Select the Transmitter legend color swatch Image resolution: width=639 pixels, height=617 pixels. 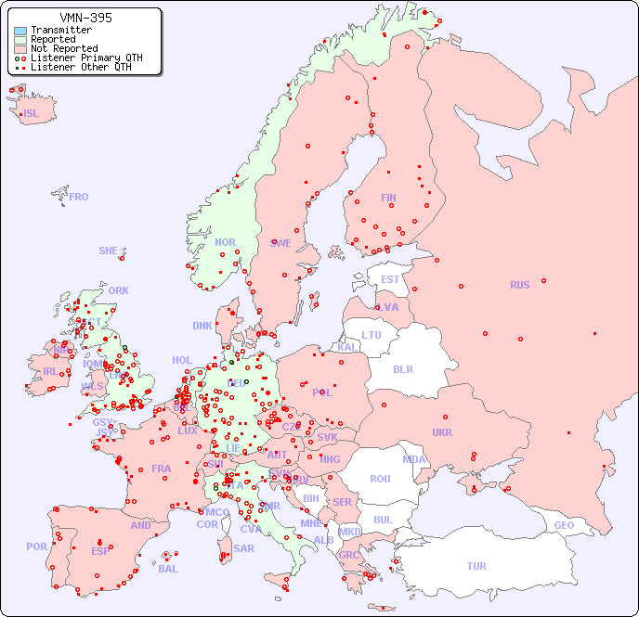[20, 31]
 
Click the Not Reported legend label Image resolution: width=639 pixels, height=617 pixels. [63, 48]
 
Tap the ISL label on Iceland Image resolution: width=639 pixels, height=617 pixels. [32, 114]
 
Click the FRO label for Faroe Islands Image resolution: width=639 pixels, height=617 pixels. [79, 197]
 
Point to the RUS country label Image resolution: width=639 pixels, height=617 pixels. [519, 285]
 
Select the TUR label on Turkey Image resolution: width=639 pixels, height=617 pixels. [476, 566]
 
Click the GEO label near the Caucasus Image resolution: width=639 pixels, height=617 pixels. [564, 525]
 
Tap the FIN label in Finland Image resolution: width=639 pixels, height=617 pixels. [388, 198]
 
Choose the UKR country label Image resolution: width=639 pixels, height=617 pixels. [442, 432]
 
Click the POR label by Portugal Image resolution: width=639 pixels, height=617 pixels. [36, 546]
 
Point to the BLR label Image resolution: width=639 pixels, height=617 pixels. [403, 368]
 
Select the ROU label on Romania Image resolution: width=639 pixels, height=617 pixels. [380, 479]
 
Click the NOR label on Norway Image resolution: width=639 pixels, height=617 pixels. [226, 242]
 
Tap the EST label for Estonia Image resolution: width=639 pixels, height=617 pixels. [390, 279]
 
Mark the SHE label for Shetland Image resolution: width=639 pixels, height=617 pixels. [109, 251]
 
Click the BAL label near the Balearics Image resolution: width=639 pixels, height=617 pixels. [168, 569]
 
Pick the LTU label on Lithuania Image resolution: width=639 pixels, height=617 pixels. [372, 335]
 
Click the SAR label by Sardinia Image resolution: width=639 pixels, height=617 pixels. [244, 548]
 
